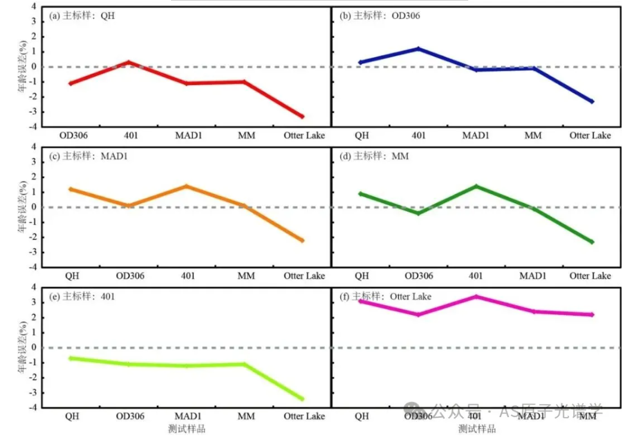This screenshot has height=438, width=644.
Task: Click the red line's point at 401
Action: click(129, 62)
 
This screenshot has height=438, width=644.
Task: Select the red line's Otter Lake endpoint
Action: click(302, 117)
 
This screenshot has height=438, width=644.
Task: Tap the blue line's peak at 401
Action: click(418, 48)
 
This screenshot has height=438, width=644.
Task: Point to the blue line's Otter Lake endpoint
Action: click(592, 102)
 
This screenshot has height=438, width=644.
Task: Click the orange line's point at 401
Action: click(186, 186)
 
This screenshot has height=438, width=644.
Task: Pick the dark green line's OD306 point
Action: click(418, 213)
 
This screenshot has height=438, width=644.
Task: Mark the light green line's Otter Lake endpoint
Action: click(302, 399)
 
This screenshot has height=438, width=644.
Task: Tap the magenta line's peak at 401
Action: click(475, 296)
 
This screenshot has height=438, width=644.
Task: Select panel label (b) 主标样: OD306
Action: click(379, 16)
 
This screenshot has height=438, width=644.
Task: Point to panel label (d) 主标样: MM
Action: click(373, 157)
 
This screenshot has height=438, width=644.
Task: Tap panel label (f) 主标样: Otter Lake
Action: click(385, 296)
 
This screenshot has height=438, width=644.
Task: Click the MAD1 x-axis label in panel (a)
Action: click(189, 136)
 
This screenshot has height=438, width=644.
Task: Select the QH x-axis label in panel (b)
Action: click(362, 136)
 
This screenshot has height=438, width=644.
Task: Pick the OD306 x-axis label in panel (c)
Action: click(130, 276)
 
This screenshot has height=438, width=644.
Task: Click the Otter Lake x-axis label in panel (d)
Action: click(590, 276)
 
